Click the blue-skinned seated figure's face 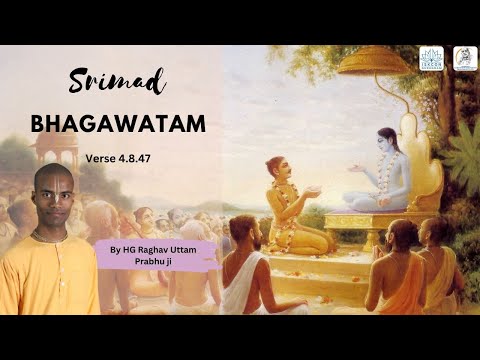point(380,143)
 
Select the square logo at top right point(431,59)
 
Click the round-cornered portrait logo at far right point(465,59)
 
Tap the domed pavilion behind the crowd point(55,150)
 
